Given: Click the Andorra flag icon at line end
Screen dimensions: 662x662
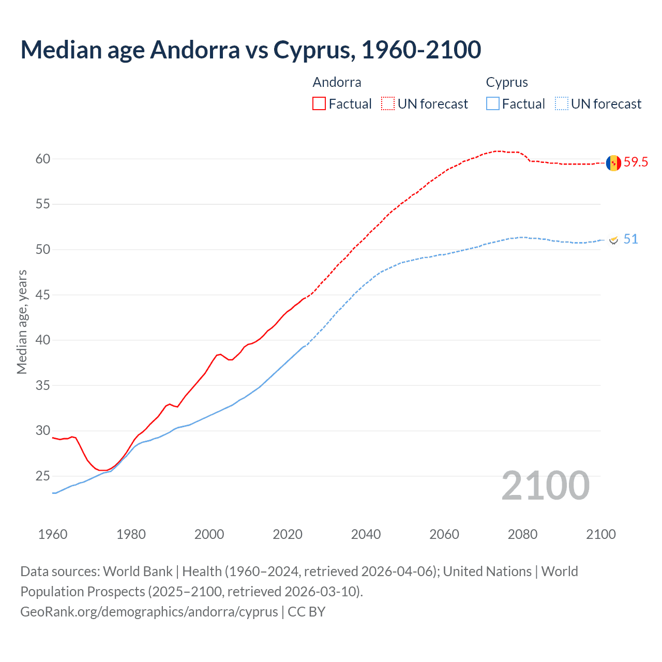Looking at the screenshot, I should coord(613,162).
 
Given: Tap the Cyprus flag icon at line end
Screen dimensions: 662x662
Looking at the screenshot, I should coord(614,240).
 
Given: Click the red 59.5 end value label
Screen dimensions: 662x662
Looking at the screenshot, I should coord(636,162).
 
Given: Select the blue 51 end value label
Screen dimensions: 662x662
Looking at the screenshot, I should coord(630,239).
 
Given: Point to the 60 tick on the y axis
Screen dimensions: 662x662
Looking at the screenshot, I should coord(43,159).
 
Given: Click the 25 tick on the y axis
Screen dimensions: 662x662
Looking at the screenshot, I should coord(43,476).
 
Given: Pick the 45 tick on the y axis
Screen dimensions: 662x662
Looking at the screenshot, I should coord(43,295).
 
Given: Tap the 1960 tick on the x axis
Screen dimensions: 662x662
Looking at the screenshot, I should coord(53,534).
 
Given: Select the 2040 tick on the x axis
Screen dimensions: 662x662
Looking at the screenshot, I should coord(366,534).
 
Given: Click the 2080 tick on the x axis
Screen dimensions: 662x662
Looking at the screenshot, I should coord(522,534).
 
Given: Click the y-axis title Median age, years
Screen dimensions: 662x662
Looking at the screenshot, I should coord(22,322).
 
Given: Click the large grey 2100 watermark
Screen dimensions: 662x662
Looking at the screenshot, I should coord(545,486).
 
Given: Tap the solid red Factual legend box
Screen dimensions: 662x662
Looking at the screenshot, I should coord(319,104).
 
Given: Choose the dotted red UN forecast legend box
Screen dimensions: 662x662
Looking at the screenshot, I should coord(388,104).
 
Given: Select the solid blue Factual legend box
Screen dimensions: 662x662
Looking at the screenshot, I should coord(493,104).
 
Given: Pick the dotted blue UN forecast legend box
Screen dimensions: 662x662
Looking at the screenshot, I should coord(562,104).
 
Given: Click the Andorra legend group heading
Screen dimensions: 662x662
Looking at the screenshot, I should coord(337,82).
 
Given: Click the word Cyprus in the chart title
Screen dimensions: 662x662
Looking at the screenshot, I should coord(313,50).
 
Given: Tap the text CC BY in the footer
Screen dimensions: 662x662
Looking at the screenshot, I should coord(306,612).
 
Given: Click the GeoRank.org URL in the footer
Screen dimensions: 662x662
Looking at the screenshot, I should coord(149,612).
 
